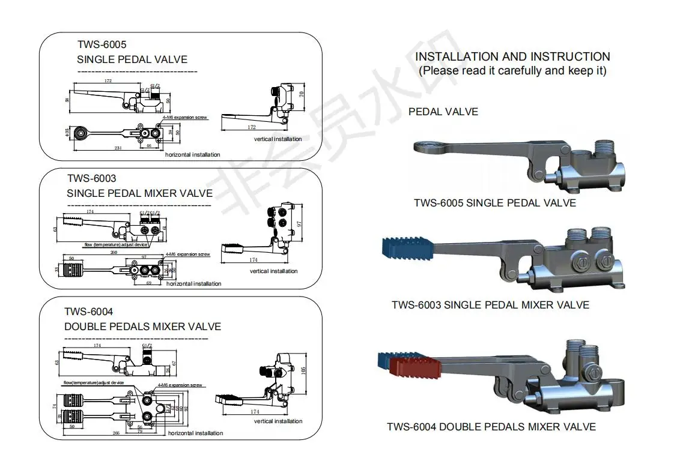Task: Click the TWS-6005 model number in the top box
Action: point(102,44)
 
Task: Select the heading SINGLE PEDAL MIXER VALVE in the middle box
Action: point(139,193)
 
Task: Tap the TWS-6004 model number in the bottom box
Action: point(88,312)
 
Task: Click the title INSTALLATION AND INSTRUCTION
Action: point(512,56)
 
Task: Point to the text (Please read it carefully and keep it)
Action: point(512,71)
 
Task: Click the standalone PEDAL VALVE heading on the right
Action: point(443,112)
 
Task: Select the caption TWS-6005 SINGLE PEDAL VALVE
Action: point(494,203)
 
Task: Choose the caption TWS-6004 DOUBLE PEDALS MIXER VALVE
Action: point(491,427)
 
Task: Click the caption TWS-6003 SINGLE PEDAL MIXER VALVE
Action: point(490,305)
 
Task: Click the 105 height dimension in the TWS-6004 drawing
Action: point(303,370)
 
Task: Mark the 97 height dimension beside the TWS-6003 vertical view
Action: point(299,224)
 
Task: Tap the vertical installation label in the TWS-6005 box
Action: point(278,139)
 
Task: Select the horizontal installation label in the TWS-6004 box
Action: point(195,433)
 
